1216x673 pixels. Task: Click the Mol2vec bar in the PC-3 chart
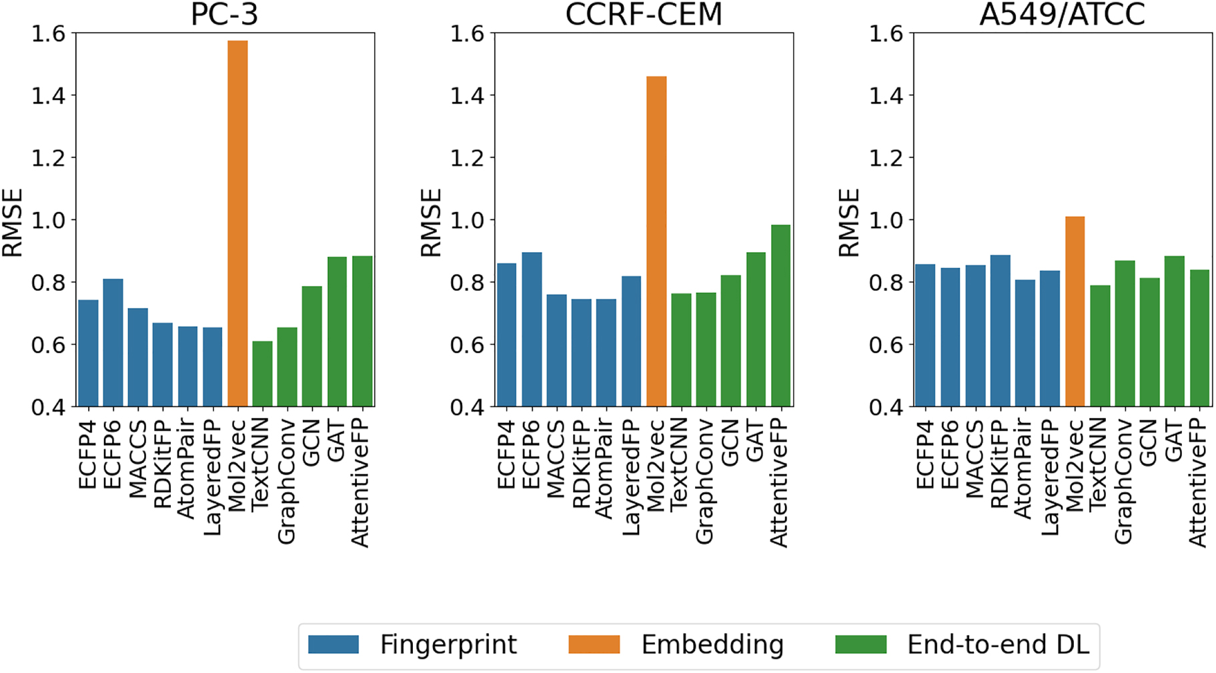coord(237,223)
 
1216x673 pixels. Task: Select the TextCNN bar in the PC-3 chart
coord(262,374)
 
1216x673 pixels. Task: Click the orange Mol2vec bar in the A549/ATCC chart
coord(1075,311)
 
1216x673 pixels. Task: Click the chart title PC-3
coord(224,15)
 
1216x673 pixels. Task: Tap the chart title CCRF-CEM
coord(644,15)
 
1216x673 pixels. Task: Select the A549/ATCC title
coord(1062,15)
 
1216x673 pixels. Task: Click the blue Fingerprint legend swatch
coord(334,644)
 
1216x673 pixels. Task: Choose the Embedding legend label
coord(712,645)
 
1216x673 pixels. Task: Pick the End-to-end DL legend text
coord(998,645)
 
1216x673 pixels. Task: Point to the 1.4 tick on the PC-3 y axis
coord(49,95)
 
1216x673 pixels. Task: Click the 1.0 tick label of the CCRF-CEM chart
coord(468,220)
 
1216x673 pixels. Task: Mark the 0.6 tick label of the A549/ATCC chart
coord(886,345)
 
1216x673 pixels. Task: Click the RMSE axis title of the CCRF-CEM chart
coord(432,223)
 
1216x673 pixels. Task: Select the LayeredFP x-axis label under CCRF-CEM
coord(631,477)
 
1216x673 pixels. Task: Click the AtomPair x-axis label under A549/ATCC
coord(1024,469)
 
